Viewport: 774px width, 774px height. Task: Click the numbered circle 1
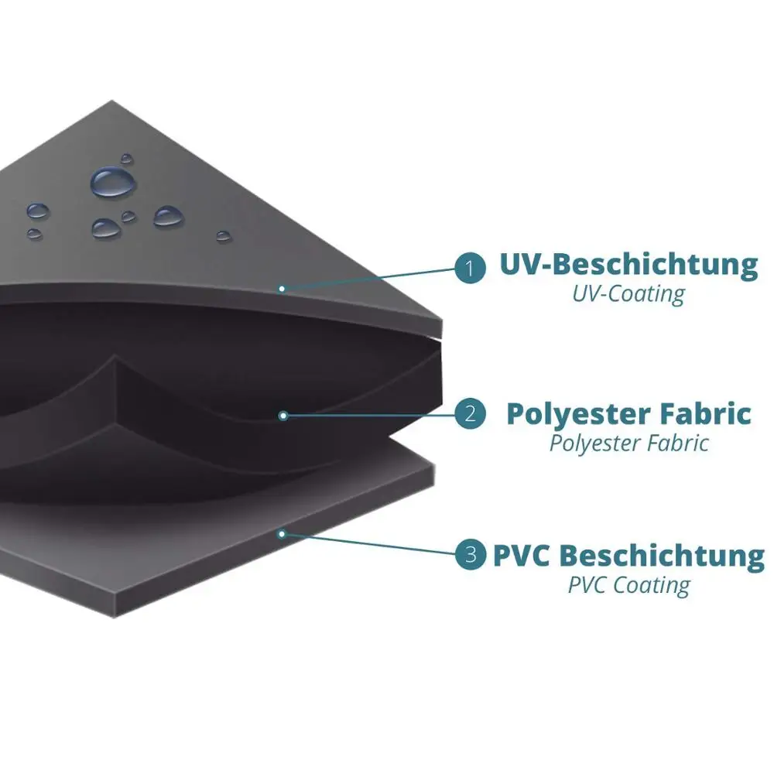(470, 269)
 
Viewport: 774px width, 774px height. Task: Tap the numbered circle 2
(470, 415)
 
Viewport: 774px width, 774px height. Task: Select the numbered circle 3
(470, 555)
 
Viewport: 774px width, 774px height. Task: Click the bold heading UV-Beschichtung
(628, 265)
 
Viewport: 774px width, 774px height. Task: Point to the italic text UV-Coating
(628, 294)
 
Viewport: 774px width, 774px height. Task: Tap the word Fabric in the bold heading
(705, 413)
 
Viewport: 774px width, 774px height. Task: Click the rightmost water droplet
(223, 235)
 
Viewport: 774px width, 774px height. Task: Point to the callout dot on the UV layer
(283, 289)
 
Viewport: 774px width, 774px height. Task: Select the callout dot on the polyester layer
(283, 416)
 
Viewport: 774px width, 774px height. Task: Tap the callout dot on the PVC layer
(283, 533)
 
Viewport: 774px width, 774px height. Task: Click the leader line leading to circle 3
(372, 545)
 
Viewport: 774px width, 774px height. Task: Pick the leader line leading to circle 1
(372, 279)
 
